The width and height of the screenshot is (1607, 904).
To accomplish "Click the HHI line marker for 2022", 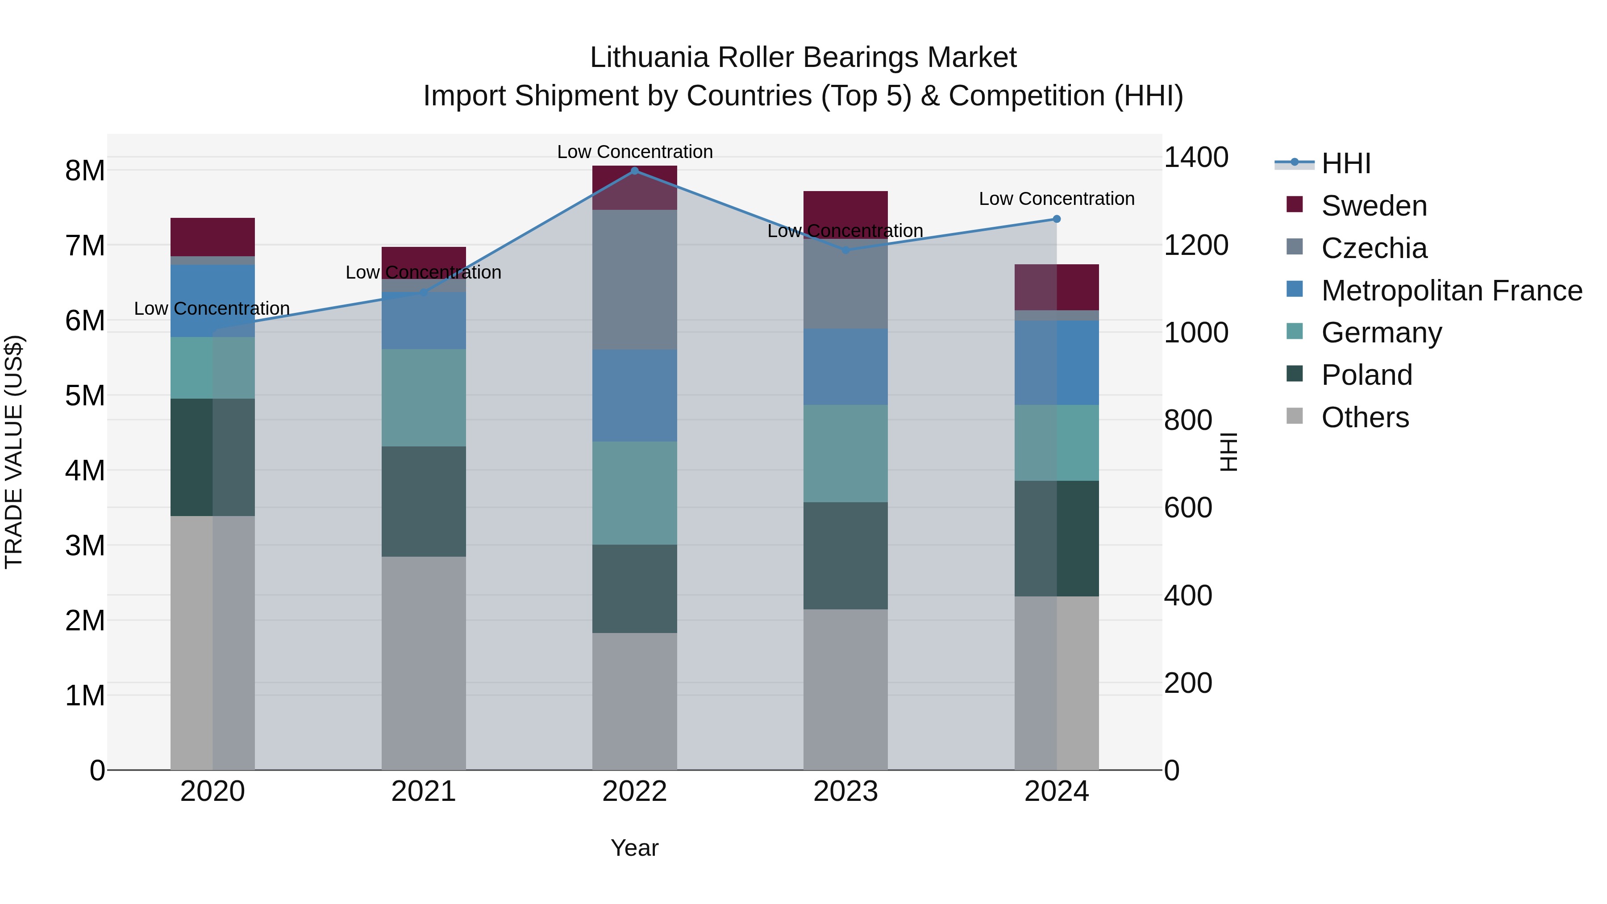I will click(x=634, y=171).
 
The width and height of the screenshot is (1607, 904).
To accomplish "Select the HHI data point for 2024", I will click(x=1056, y=219).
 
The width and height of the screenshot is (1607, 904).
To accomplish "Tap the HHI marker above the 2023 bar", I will click(x=845, y=250).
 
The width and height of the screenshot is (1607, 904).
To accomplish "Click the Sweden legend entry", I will click(x=1373, y=206).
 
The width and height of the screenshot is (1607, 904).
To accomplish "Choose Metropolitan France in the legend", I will click(x=1451, y=291).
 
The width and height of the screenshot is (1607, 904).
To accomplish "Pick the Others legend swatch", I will click(x=1295, y=416).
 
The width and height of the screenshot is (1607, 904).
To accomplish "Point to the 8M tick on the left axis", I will click(x=85, y=171).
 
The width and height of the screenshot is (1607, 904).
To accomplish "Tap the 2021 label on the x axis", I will click(x=424, y=792).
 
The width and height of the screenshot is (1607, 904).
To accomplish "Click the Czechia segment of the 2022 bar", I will click(x=634, y=279).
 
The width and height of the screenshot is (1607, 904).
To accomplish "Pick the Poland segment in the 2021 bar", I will click(x=424, y=501).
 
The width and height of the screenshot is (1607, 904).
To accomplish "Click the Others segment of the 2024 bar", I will click(x=1056, y=683).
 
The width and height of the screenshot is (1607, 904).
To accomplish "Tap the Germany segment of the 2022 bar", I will click(x=634, y=493).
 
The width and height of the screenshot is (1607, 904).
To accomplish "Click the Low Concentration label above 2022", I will click(x=634, y=152).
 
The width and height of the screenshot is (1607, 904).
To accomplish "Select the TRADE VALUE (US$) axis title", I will click(x=14, y=452).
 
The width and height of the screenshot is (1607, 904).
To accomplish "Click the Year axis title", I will click(x=634, y=848).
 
